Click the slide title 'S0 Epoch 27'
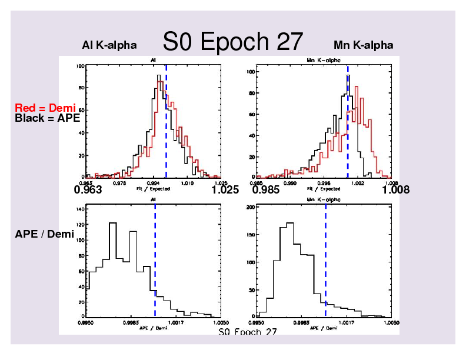click(233, 42)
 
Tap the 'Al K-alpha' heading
click(109, 45)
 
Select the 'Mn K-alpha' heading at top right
click(363, 45)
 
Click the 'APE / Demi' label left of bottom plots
click(44, 235)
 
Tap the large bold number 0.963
click(88, 190)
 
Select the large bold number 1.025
click(225, 190)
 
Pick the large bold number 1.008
click(395, 190)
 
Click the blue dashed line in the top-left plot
click(166, 118)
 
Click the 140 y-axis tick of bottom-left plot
click(81, 209)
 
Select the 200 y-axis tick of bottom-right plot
click(249, 208)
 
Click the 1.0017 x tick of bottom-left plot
click(177, 323)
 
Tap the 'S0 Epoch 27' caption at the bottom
click(247, 332)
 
